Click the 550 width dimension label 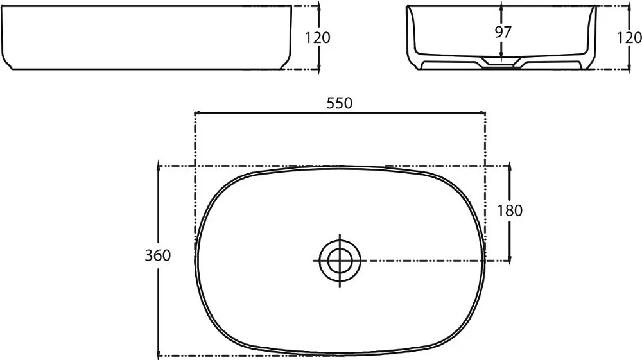[339, 103]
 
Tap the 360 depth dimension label [158, 255]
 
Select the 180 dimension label [510, 210]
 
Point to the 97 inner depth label [503, 32]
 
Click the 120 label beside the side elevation [318, 38]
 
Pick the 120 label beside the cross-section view [630, 38]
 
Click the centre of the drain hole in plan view [340, 261]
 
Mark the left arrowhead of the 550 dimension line [196, 112]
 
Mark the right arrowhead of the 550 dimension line [483, 112]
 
